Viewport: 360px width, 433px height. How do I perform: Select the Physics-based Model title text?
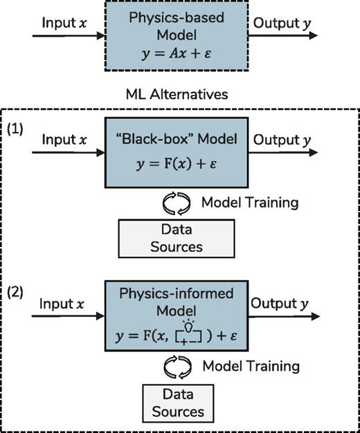pyautogui.click(x=180, y=26)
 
